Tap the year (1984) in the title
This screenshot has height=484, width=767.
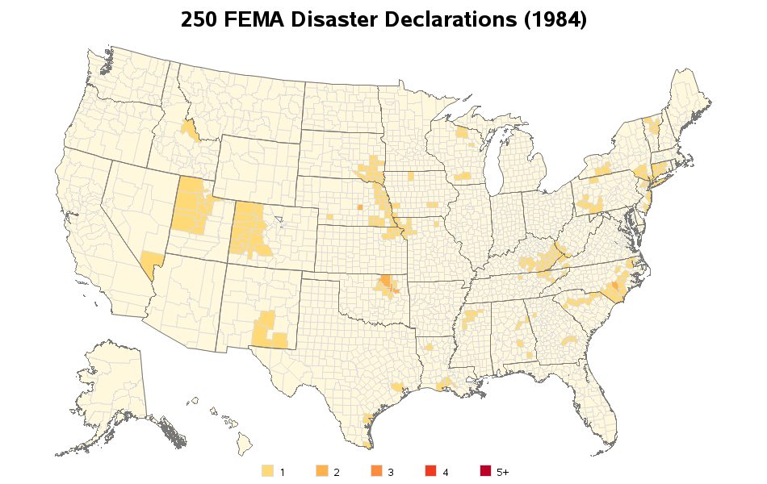tap(555, 20)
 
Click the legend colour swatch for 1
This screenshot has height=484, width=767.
tap(267, 471)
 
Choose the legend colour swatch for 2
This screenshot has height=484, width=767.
tap(321, 471)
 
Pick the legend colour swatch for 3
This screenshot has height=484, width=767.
tap(375, 471)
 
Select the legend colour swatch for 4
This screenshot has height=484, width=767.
tap(430, 471)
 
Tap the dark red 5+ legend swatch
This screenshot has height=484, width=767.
tap(484, 471)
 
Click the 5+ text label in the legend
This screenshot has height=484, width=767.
tap(502, 472)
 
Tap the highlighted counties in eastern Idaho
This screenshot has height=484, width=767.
tap(191, 131)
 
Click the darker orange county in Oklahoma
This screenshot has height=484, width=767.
tap(385, 282)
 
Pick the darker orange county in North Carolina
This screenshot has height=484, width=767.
tap(614, 286)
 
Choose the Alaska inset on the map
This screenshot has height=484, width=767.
tap(113, 387)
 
